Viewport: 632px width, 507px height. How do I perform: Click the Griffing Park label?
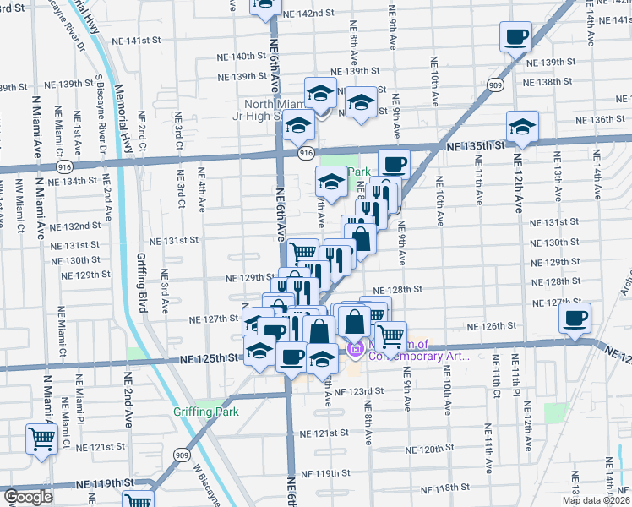pyautogui.click(x=205, y=412)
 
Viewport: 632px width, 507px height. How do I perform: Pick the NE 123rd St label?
pyautogui.click(x=358, y=391)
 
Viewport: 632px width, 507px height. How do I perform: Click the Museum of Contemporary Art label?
pyautogui.click(x=417, y=350)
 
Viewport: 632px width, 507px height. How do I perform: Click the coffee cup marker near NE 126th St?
pyautogui.click(x=575, y=319)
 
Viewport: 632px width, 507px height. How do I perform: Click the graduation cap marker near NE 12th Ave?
pyautogui.click(x=522, y=128)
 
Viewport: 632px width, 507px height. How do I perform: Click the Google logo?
pyautogui.click(x=28, y=497)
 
